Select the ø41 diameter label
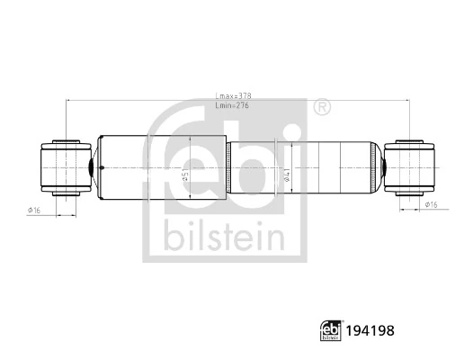pos(287,175)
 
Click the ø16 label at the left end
pos(35,210)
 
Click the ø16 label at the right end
pos(432,205)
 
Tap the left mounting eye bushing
pos(66,167)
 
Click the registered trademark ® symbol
pos(320,109)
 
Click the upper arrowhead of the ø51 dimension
pos(192,138)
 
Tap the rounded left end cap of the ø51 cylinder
pos(101,167)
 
